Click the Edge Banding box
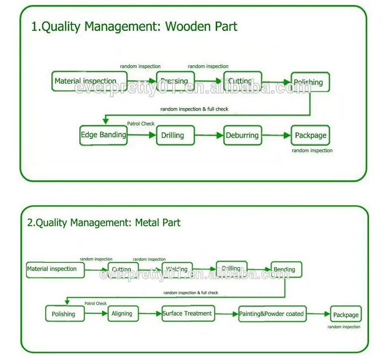click(103, 135)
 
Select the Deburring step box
click(242, 135)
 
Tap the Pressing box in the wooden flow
click(176, 81)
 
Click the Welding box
click(177, 269)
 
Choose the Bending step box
click(286, 269)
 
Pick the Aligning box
click(122, 314)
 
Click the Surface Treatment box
click(187, 314)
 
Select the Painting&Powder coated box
click(271, 314)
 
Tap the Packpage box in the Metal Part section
click(346, 315)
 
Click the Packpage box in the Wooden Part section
click(310, 135)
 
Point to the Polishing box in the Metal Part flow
click(64, 314)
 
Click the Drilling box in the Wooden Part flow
click(173, 135)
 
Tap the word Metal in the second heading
click(146, 223)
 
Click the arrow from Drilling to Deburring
click(208, 135)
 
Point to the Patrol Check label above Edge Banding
click(141, 123)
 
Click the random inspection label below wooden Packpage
click(312, 150)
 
